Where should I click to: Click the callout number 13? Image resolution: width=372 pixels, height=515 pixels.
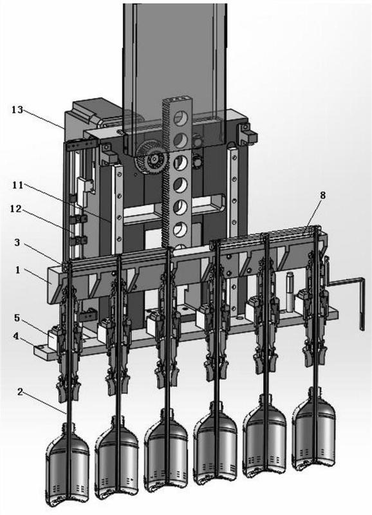18,109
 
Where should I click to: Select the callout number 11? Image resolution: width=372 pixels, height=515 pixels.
18,185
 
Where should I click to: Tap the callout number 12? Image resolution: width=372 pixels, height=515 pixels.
15,209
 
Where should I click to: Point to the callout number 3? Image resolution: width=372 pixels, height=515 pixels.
17,243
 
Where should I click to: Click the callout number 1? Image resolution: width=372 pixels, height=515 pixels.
17,270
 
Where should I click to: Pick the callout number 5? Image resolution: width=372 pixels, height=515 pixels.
17,318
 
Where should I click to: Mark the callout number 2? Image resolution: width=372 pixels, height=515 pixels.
20,392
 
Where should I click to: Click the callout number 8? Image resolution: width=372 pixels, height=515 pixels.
322,196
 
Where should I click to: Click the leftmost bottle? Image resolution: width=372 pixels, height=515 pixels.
68,465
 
